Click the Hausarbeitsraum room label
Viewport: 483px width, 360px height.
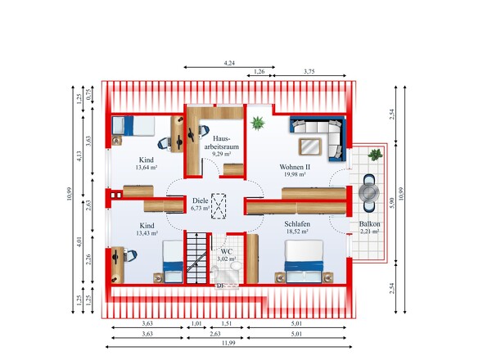click(x=222, y=142)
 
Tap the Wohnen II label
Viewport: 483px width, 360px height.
click(x=295, y=167)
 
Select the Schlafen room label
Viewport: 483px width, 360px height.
click(x=297, y=224)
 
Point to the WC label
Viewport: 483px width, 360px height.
click(x=227, y=252)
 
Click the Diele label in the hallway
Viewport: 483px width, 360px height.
click(x=201, y=200)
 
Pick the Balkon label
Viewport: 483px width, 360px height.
click(x=370, y=224)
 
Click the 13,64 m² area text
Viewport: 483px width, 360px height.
click(x=147, y=168)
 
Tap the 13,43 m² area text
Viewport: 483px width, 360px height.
click(x=147, y=233)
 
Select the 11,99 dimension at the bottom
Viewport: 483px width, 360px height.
click(x=228, y=343)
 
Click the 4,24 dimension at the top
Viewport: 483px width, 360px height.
click(x=229, y=63)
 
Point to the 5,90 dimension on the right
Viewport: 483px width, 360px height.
click(x=392, y=203)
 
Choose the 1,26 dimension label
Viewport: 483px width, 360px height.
click(x=259, y=71)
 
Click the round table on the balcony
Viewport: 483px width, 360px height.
click(x=368, y=193)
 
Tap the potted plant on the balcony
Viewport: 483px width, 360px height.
click(x=375, y=155)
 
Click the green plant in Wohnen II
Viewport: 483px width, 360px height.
click(x=258, y=124)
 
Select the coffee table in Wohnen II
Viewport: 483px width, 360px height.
click(x=310, y=146)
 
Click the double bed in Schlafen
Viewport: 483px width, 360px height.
click(x=304, y=261)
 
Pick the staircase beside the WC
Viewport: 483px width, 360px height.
click(x=196, y=258)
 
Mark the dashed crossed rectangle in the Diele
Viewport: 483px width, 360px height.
click(x=219, y=206)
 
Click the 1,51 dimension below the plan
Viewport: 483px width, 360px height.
click(x=227, y=324)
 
